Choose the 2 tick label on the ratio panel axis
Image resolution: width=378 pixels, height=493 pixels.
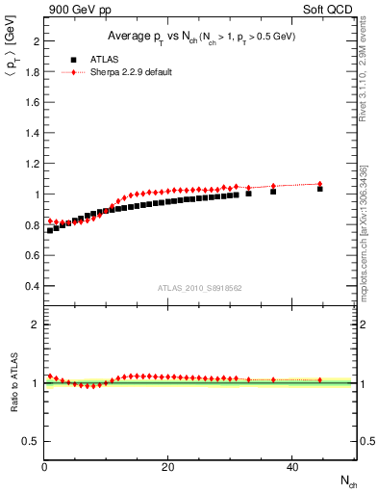pos(36,324)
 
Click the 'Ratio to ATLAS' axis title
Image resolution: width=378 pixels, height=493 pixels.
pos(13,383)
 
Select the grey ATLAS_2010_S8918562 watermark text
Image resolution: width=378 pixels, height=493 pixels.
pos(198,288)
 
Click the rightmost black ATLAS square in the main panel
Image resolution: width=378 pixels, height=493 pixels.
pos(320,189)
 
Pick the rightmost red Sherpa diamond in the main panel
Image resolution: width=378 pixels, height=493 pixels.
pos(320,184)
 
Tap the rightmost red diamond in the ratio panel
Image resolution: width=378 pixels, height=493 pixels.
pos(320,379)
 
